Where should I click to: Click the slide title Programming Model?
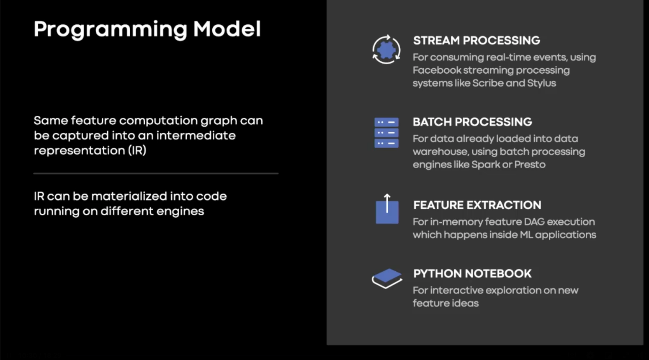click(147, 29)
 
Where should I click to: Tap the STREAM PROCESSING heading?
click(476, 41)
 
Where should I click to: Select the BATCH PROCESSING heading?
click(473, 122)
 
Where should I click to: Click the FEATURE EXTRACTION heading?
click(477, 205)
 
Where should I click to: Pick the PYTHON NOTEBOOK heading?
click(472, 274)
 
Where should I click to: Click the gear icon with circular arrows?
click(386, 49)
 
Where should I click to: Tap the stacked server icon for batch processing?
click(386, 133)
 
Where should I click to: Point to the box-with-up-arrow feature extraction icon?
click(387, 209)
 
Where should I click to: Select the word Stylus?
click(541, 83)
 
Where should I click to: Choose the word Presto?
click(530, 165)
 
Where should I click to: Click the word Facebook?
click(437, 70)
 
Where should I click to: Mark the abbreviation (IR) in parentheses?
click(137, 150)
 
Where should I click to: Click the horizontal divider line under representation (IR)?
click(156, 173)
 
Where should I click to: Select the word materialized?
click(129, 196)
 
